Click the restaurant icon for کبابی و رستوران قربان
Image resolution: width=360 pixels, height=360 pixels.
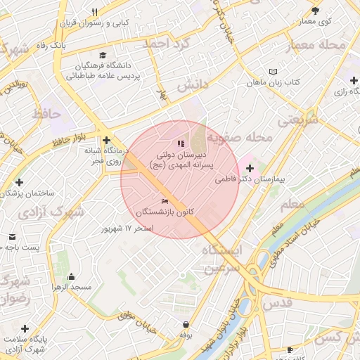[95, 12]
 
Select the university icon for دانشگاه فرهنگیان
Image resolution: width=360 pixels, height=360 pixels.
[103, 56]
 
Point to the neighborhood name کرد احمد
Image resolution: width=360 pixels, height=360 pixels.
[167, 43]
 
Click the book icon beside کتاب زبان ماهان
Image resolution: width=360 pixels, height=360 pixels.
[273, 72]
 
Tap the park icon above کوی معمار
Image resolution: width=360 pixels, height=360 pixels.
[315, 11]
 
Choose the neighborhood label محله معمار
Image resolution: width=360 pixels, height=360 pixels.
[316, 46]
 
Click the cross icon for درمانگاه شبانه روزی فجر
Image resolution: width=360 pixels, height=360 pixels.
[106, 140]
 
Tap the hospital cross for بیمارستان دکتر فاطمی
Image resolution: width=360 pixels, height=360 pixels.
[250, 168]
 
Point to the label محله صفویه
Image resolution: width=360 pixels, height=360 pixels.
[243, 138]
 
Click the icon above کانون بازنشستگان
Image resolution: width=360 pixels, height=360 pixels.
[165, 202]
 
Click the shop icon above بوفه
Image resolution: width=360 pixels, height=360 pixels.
[185, 325]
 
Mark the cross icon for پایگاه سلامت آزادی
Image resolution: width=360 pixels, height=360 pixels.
[25, 328]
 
